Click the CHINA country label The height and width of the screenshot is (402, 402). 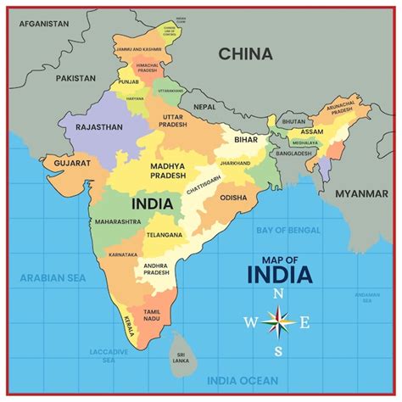click(246, 54)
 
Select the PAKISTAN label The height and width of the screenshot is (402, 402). click(75, 77)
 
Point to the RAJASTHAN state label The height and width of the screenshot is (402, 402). click(99, 127)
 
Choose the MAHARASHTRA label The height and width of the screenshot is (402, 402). click(118, 221)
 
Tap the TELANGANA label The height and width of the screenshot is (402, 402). click(164, 235)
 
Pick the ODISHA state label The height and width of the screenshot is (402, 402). click(234, 198)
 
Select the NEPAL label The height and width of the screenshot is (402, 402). click(204, 108)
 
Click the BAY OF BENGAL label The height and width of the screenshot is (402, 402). click(288, 230)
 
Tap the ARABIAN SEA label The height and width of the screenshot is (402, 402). click(53, 277)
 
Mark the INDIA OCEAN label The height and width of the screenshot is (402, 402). click(242, 380)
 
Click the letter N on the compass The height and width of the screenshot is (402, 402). click(278, 293)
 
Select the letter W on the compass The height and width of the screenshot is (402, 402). click(250, 322)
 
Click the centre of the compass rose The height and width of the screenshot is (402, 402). click(278, 322)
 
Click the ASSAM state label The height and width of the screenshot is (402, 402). click(312, 132)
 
